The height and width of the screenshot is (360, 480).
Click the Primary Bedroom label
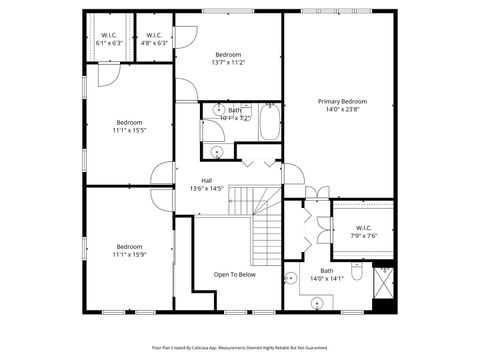pos(342,102)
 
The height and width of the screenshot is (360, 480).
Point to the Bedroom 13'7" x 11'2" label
pos(228,58)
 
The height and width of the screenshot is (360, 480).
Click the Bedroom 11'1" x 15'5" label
pos(129,127)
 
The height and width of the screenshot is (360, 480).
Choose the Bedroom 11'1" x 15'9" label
pos(129,251)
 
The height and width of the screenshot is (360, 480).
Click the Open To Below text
pos(234,274)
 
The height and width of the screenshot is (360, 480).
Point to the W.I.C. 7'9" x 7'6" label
pos(362,232)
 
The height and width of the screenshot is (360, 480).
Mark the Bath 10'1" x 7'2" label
pos(234,114)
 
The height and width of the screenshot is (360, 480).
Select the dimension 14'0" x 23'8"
pos(342,109)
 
